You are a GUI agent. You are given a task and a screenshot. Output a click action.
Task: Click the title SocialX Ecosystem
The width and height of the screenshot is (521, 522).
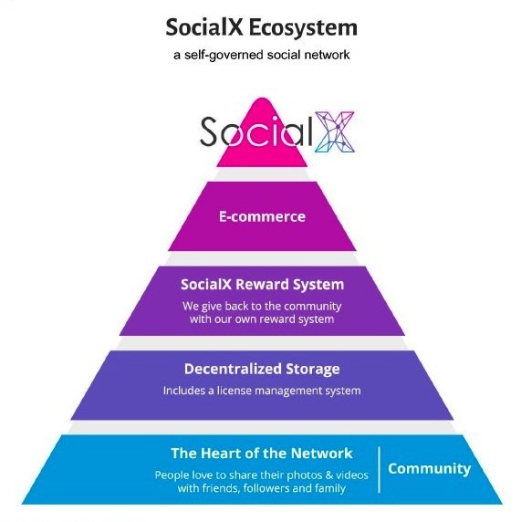pyautogui.click(x=261, y=27)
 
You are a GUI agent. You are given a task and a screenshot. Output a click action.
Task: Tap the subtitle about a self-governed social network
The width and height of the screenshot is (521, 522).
pyautogui.click(x=261, y=55)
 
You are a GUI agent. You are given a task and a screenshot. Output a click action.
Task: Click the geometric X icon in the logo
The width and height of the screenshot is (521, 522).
pyautogui.click(x=334, y=131)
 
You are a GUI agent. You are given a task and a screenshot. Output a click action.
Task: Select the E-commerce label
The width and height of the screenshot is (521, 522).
pyautogui.click(x=262, y=216)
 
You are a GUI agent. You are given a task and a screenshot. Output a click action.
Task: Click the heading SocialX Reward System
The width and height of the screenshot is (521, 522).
pyautogui.click(x=262, y=285)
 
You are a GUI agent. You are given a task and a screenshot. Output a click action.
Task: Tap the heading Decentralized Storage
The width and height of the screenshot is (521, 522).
pyautogui.click(x=262, y=370)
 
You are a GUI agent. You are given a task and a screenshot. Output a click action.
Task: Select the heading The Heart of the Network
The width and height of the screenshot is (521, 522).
pyautogui.click(x=262, y=454)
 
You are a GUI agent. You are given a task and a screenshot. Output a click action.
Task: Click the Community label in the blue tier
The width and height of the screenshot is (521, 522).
pyautogui.click(x=430, y=469)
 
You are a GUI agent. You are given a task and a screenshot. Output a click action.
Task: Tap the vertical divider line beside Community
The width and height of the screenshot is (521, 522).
pyautogui.click(x=380, y=469)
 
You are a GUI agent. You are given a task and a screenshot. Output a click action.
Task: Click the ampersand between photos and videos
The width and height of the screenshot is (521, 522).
pyautogui.click(x=329, y=475)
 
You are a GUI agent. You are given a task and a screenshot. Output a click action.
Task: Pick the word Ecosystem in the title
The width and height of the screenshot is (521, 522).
pyautogui.click(x=303, y=27)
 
